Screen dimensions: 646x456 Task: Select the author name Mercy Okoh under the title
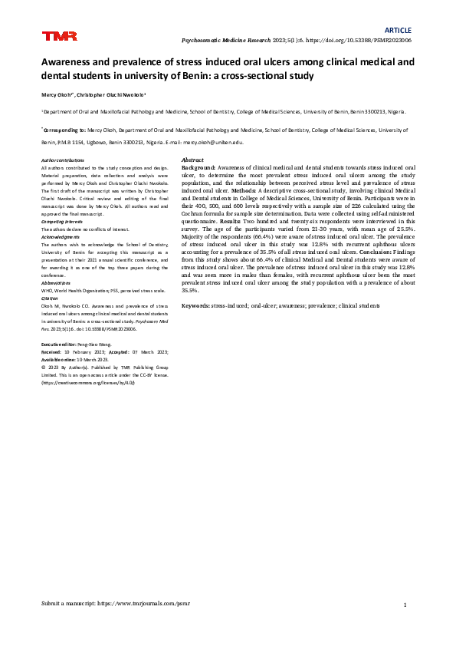click(59, 95)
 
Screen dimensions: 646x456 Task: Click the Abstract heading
click(192, 159)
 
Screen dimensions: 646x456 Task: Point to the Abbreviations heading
click(60, 283)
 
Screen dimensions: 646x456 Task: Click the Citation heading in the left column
click(52, 299)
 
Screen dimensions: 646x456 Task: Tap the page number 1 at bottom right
click(403, 605)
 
